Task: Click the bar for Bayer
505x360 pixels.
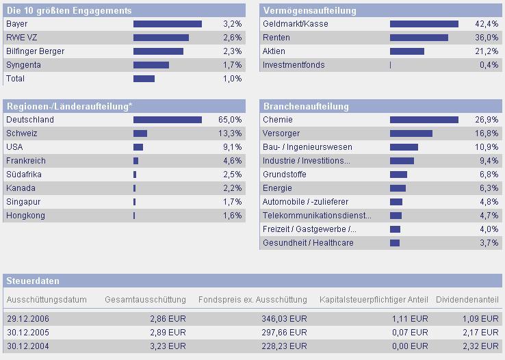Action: point(167,24)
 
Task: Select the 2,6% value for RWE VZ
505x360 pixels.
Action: point(233,38)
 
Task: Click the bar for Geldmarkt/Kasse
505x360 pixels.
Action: point(424,24)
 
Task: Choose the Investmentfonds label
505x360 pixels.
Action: point(294,65)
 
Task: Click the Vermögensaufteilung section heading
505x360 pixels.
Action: point(309,11)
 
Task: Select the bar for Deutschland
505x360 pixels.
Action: point(167,120)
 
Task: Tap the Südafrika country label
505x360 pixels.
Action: point(23,175)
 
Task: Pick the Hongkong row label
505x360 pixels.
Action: point(25,216)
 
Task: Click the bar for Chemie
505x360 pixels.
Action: point(424,120)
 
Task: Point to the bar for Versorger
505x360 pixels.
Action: point(411,133)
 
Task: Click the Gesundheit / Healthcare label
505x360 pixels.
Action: point(308,243)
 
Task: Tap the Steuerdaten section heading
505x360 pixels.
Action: point(33,281)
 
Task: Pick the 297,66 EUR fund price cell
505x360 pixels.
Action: point(287,332)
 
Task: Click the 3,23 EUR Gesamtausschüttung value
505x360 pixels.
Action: point(168,346)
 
